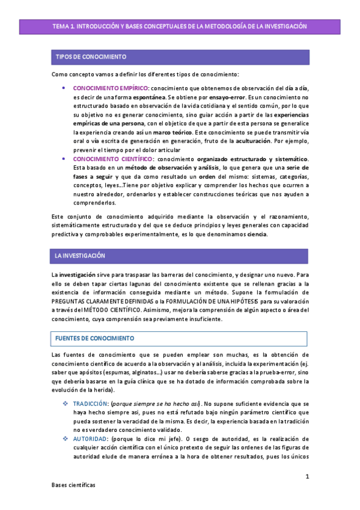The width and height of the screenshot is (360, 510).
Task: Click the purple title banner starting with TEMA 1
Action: tap(180, 26)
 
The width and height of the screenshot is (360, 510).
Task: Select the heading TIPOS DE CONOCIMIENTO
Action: tap(91, 57)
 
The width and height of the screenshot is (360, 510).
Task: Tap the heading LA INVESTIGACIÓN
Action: tap(80, 256)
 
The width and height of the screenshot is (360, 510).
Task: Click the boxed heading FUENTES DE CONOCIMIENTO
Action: tap(94, 339)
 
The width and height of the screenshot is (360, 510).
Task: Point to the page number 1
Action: tap(307, 477)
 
